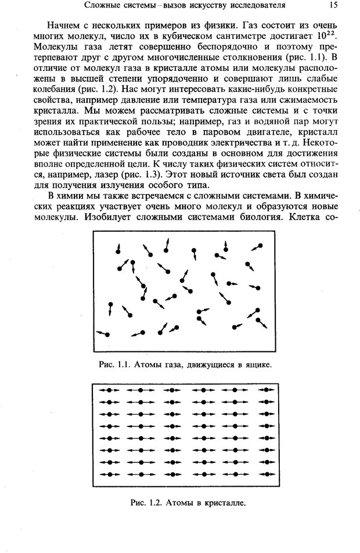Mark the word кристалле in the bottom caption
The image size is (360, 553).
[x=224, y=502]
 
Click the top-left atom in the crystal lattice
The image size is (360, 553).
[x=109, y=391]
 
